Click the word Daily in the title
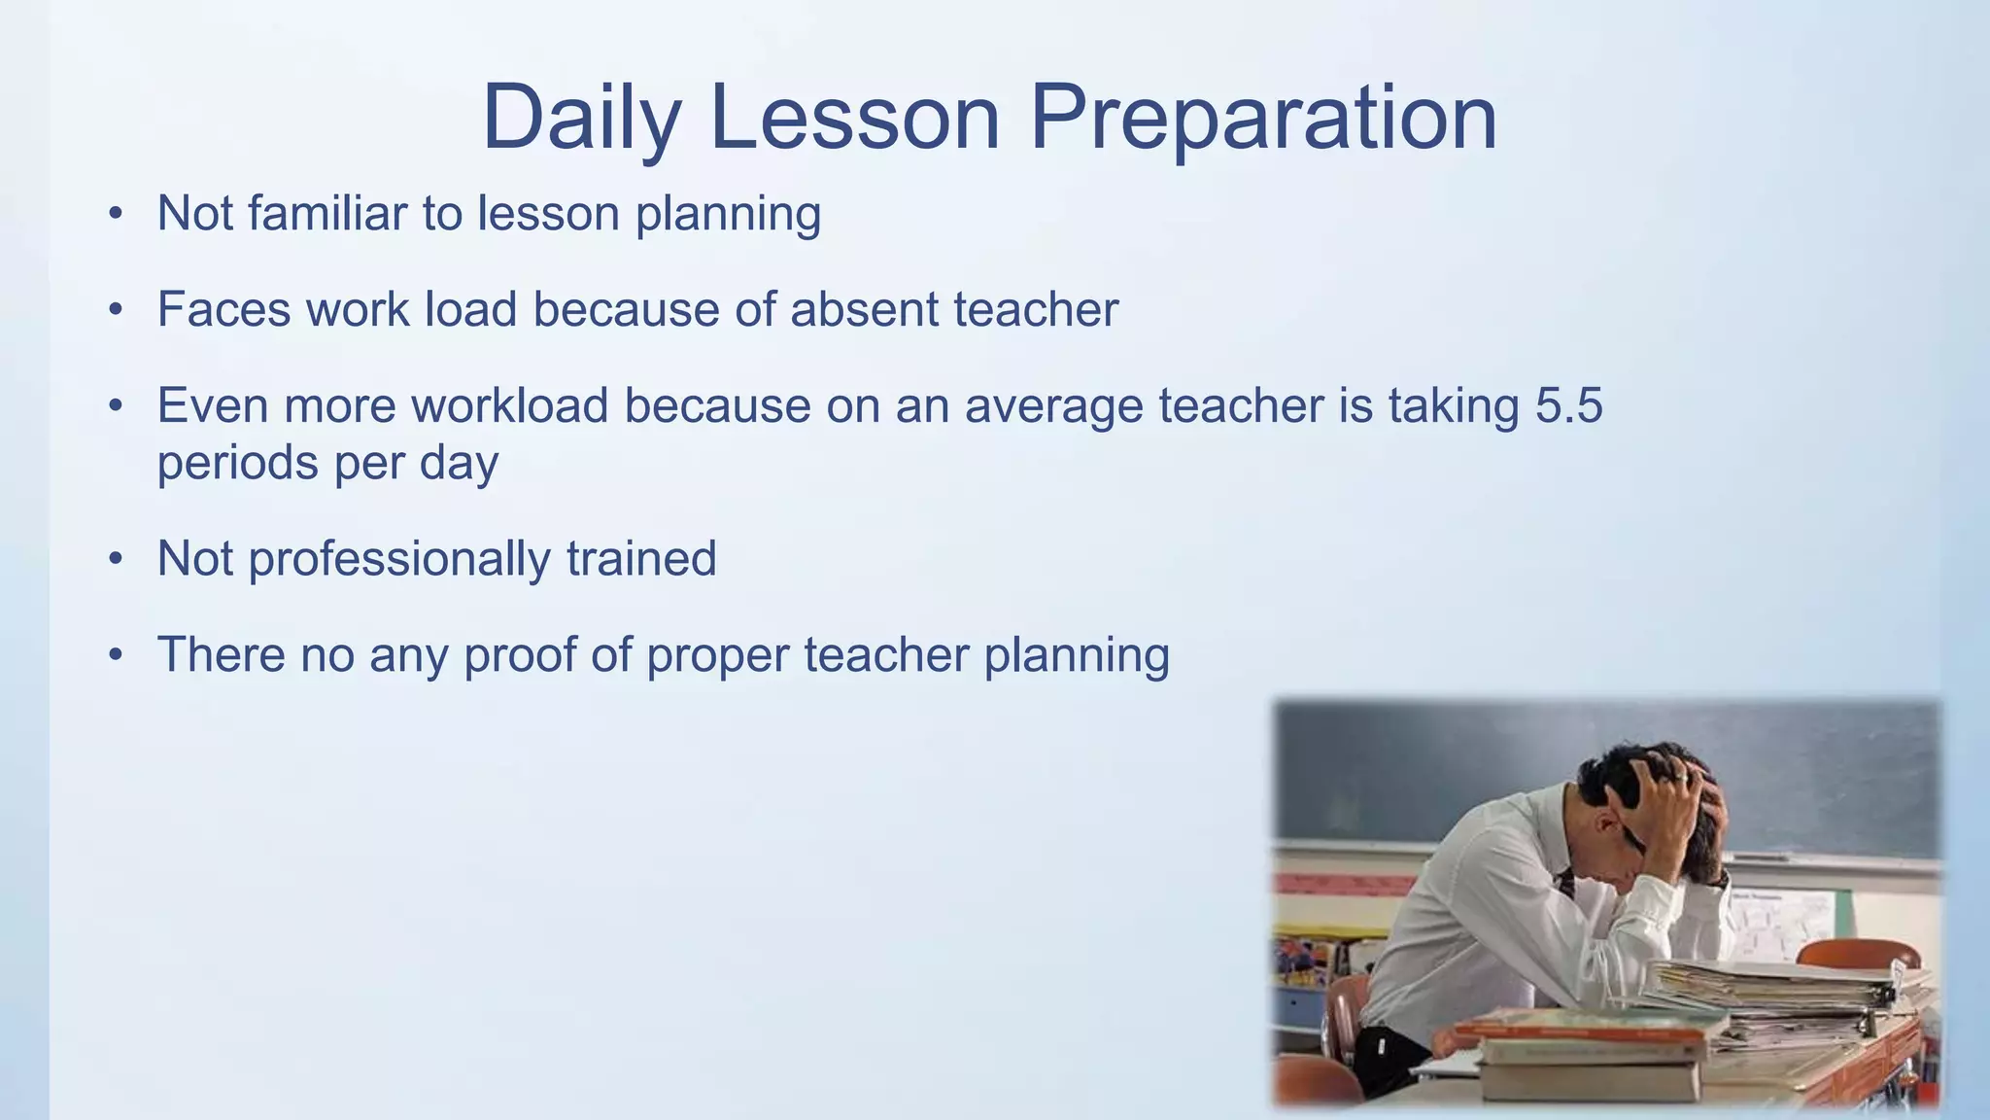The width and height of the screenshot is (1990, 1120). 581,119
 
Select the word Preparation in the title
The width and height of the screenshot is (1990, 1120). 1262,119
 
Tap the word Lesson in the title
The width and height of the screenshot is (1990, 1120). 854,119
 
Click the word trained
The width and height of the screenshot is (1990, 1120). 641,559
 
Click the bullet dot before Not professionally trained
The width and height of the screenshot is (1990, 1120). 116,559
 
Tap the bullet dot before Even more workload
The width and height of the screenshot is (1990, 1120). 116,405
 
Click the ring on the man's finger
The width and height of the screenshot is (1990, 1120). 1681,778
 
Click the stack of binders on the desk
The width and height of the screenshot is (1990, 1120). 1778,997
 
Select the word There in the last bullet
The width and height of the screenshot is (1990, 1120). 221,654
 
